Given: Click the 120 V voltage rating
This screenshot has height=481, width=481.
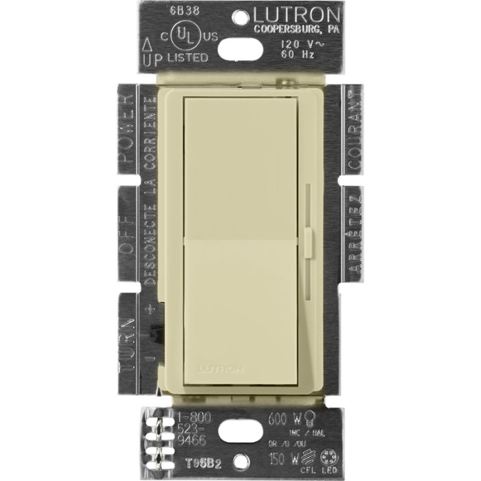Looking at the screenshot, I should coord(290,43).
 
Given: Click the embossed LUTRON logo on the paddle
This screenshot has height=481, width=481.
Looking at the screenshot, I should coord(221,369).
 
